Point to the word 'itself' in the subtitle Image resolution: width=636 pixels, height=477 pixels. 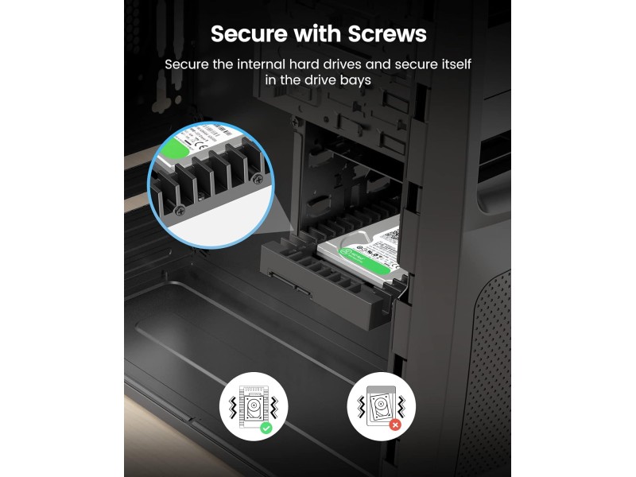462,64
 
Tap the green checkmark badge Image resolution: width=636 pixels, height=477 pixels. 266,428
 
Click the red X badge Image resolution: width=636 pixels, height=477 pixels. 394,425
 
